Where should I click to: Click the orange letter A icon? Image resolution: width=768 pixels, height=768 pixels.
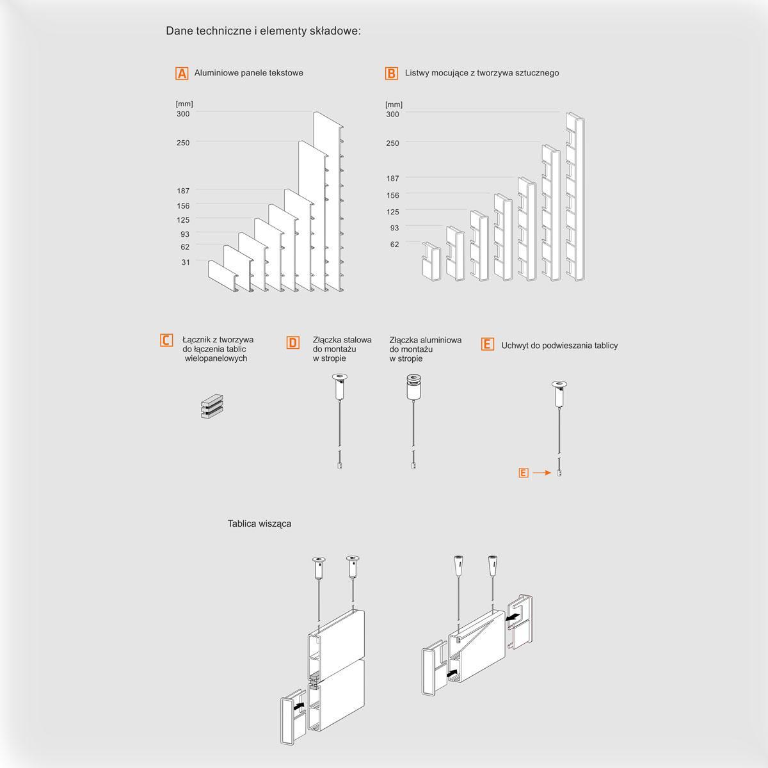182,74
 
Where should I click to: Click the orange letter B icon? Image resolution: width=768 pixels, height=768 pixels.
392,74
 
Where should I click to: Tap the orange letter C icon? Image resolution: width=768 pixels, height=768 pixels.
166,340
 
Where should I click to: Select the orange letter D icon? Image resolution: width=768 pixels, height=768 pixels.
293,342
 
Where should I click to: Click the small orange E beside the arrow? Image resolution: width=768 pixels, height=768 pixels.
524,473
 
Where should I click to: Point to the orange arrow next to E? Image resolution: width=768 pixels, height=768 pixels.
542,473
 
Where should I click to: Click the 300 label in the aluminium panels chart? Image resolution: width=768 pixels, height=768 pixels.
183,114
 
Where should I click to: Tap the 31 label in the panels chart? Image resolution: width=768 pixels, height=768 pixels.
186,262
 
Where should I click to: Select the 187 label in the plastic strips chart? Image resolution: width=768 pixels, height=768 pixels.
392,179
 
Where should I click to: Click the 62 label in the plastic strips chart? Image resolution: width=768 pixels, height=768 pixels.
395,244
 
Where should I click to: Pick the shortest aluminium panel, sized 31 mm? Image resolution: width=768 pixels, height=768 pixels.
223,276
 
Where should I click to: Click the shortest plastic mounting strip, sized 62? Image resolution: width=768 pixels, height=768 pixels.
431,262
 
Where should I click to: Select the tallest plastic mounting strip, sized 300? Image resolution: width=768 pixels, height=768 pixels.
575,197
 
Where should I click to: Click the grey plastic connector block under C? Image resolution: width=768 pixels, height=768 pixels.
212,406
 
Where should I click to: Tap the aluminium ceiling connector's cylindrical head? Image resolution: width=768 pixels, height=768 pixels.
413,387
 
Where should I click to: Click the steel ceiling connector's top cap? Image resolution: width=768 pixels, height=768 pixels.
340,376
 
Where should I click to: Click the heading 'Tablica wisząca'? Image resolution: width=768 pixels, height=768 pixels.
259,524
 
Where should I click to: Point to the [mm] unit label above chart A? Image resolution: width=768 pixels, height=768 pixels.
184,104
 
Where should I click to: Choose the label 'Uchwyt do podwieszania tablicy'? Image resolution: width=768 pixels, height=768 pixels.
559,346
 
